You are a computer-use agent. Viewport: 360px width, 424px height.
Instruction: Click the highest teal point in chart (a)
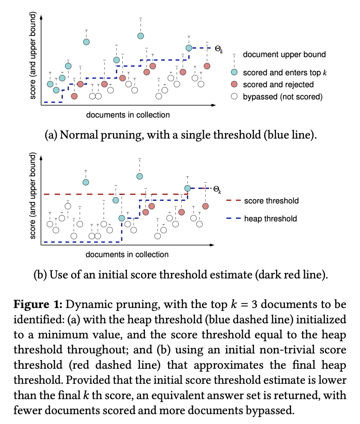tap(140, 36)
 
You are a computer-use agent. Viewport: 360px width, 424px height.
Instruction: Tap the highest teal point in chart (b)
tap(140, 176)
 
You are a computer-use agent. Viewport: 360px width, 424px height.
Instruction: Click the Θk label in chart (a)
tap(219, 49)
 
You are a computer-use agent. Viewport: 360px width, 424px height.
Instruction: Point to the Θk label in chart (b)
tap(217, 189)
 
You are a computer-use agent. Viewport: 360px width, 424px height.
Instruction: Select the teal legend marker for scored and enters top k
tap(234, 72)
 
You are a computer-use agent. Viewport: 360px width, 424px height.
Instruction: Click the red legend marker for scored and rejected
tap(234, 84)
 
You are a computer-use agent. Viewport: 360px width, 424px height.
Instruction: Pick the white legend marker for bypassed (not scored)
tap(234, 96)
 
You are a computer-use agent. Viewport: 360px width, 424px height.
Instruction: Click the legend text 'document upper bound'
tap(284, 54)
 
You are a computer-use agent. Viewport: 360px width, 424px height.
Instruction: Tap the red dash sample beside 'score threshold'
tap(233, 200)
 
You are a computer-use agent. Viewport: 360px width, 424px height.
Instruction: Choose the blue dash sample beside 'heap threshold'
tap(233, 218)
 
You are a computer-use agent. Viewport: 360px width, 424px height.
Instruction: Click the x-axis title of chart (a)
tap(128, 115)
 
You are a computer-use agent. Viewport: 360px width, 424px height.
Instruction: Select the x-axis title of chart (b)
tap(127, 254)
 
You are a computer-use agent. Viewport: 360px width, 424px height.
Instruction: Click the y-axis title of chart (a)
tap(33, 55)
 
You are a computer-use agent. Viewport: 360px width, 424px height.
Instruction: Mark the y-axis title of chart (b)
tap(33, 196)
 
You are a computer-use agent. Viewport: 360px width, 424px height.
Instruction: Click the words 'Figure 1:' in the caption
tap(38, 304)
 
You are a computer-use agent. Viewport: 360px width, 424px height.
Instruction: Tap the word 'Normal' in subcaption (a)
tap(79, 135)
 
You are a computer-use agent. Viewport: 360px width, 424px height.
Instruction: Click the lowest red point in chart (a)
tap(74, 96)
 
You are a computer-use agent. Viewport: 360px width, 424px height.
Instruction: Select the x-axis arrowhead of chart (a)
tap(214, 105)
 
